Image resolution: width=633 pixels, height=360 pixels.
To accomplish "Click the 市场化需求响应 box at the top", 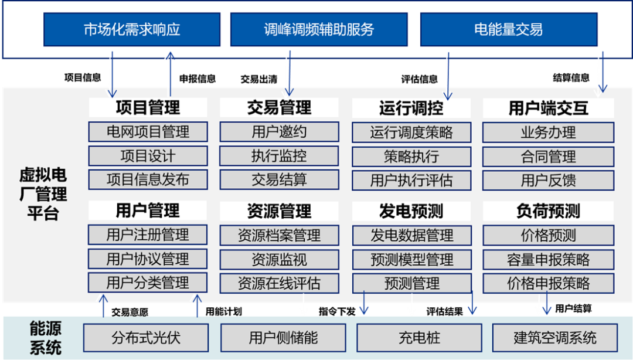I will coord(132,30).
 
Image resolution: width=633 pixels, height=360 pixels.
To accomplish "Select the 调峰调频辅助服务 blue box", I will coord(319,30).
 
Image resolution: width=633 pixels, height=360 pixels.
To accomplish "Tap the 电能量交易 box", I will coord(508,30).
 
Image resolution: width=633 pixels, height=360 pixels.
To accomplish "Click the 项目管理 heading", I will coord(148,107).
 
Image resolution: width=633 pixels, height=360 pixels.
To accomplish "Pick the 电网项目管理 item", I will coord(148,132).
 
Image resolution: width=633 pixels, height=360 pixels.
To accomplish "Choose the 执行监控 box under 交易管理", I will coord(279,156).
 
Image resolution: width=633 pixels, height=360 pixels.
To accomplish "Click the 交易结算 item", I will coord(279,180).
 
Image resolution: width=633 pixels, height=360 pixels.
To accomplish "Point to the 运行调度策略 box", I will coord(411,132).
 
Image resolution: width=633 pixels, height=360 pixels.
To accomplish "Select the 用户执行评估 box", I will coord(411,181).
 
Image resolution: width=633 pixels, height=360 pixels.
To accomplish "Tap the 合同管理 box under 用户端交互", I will coord(548,157).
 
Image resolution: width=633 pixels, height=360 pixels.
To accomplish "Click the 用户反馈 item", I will coord(548,181).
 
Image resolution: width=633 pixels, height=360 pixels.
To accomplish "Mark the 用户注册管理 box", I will coord(148,235).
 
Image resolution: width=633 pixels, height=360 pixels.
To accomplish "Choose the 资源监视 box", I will coord(279,259).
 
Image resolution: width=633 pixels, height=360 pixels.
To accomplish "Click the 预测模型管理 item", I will coord(411,259).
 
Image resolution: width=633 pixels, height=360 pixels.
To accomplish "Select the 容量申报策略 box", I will coord(548,259).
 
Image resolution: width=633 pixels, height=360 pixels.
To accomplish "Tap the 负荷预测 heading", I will coord(548,211).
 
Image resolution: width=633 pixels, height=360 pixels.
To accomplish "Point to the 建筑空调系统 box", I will coord(554,338).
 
